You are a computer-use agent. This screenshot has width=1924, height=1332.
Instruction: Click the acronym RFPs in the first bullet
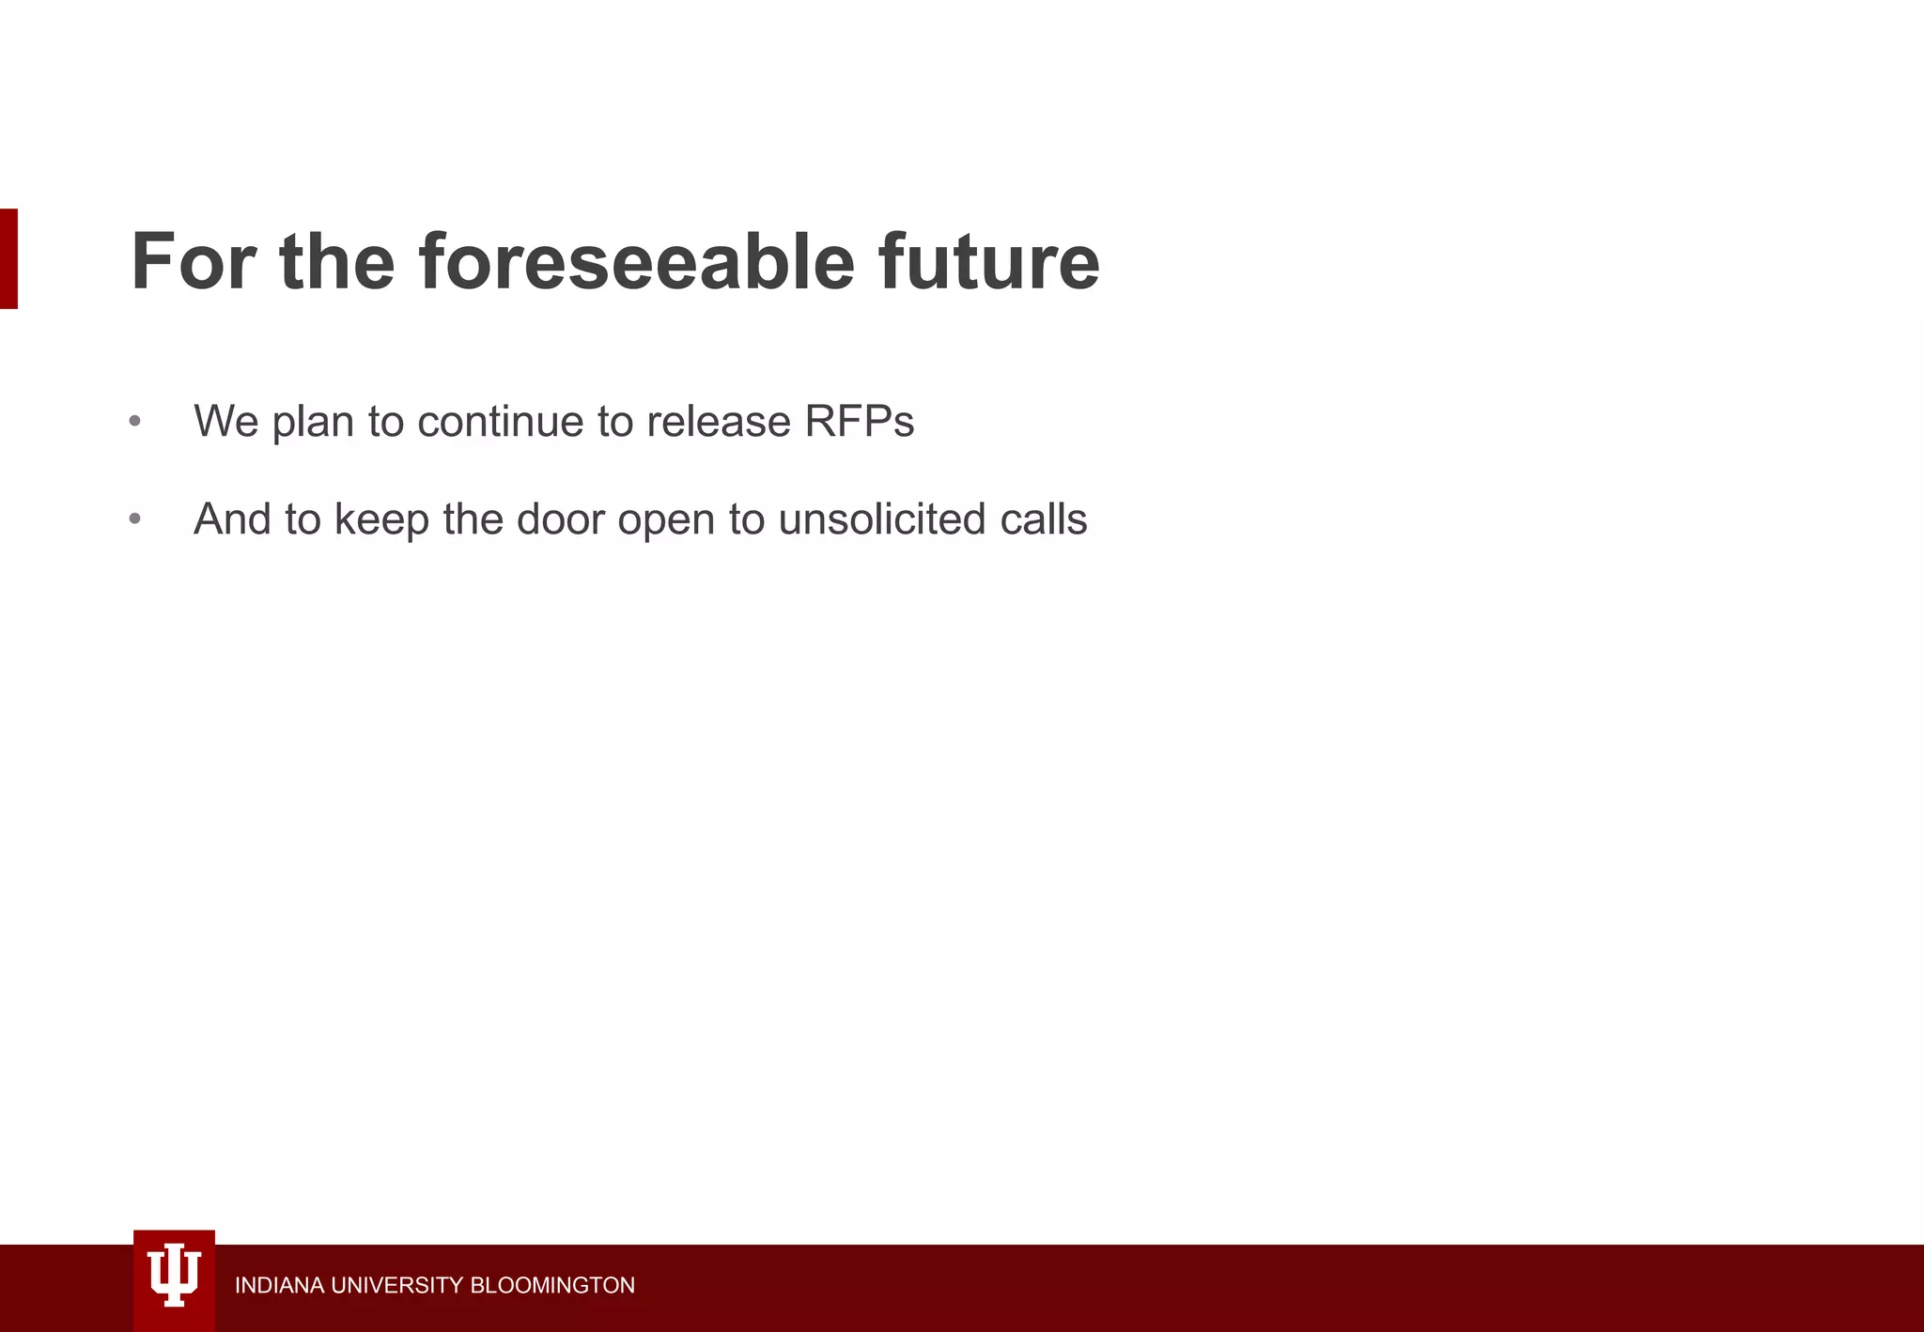[x=859, y=421]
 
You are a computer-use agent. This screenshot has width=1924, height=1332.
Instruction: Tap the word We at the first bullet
[x=225, y=421]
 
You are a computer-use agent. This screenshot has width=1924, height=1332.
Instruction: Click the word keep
[x=381, y=519]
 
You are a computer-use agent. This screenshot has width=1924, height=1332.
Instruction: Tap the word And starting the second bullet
[x=232, y=519]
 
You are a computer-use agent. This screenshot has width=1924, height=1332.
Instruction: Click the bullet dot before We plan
[x=135, y=421]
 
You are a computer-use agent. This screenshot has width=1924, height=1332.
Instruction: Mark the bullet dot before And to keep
[x=135, y=519]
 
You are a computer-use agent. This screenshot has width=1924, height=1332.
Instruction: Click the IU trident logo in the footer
[x=174, y=1278]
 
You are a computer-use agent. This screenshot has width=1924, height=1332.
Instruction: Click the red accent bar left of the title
[x=8, y=258]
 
